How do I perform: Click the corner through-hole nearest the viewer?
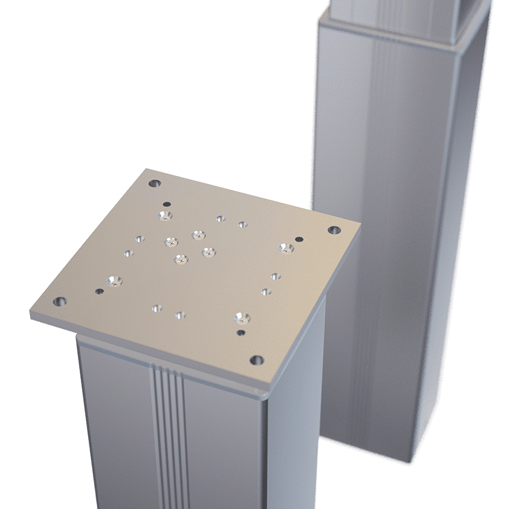(256, 360)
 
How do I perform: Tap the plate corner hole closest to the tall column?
(334, 230)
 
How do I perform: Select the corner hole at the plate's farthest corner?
(155, 183)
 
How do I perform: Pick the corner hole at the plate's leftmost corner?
(59, 302)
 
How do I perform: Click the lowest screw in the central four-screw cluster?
(180, 259)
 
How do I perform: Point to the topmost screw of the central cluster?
(198, 235)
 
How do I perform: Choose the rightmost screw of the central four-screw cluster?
(208, 252)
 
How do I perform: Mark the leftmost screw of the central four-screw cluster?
(171, 242)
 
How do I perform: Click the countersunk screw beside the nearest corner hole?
(242, 317)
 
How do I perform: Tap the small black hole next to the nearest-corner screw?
(241, 333)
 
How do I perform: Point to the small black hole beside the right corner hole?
(299, 240)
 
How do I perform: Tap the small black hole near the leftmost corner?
(99, 292)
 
